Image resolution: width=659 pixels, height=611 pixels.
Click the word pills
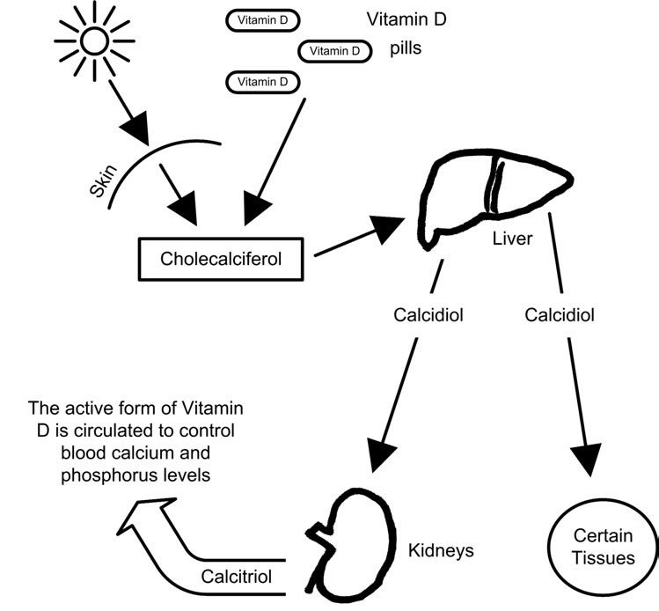point(406,48)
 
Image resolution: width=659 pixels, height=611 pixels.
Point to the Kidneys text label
point(441,551)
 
